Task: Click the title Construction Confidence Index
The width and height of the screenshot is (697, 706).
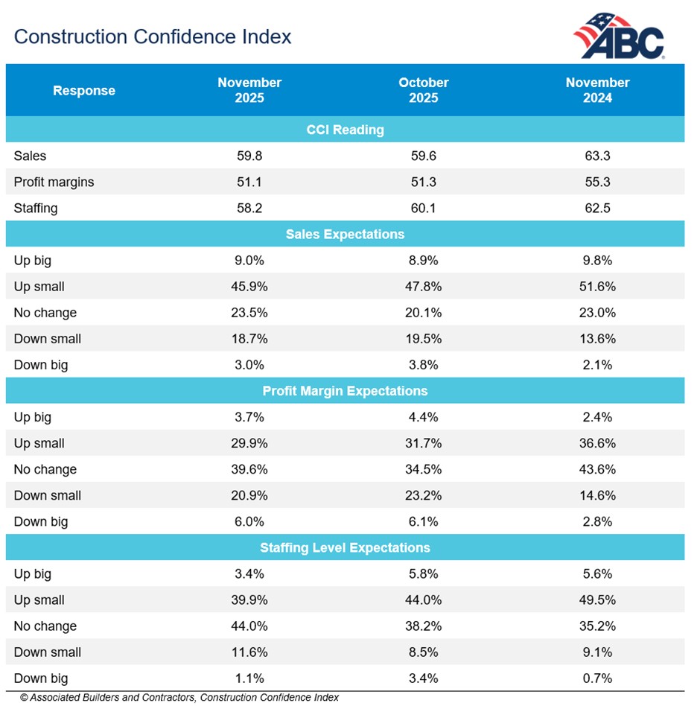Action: [153, 36]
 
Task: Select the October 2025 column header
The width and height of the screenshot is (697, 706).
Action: [423, 90]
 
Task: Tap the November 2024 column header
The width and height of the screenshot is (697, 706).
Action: [597, 90]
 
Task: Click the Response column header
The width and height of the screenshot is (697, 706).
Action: [84, 91]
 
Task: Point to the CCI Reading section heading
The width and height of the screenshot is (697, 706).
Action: [345, 130]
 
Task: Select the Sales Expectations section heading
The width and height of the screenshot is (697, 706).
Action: [345, 234]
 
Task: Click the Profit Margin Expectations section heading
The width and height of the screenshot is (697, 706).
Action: [345, 391]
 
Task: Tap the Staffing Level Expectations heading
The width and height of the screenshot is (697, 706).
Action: [345, 547]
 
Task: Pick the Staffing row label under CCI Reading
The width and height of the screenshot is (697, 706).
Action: [36, 209]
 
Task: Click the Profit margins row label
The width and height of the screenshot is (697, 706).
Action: [54, 182]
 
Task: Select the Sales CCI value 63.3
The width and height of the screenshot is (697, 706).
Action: [597, 156]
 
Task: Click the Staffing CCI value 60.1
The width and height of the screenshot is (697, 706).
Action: [423, 209]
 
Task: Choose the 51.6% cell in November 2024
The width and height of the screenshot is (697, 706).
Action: [597, 287]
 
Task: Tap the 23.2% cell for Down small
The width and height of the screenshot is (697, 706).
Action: [423, 495]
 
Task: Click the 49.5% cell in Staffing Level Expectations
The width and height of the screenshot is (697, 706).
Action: [597, 600]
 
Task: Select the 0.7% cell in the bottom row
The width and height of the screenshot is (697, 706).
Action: [597, 678]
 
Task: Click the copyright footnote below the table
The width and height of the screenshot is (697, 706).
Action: [179, 698]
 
